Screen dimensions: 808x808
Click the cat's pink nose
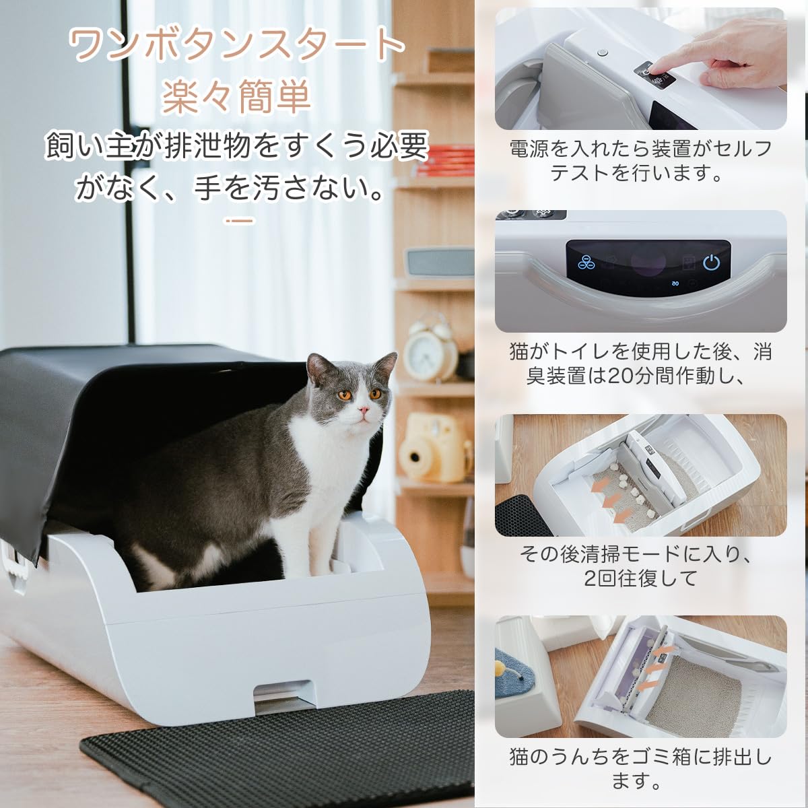tap(364, 410)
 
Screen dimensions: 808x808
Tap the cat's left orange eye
tap(344, 395)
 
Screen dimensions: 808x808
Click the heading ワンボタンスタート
tap(236, 46)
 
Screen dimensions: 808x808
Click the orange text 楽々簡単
tap(236, 96)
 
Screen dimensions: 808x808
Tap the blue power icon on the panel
tap(711, 263)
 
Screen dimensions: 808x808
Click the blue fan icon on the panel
tap(587, 263)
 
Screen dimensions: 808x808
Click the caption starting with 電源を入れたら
tap(640, 160)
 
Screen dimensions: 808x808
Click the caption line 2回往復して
tap(640, 578)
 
